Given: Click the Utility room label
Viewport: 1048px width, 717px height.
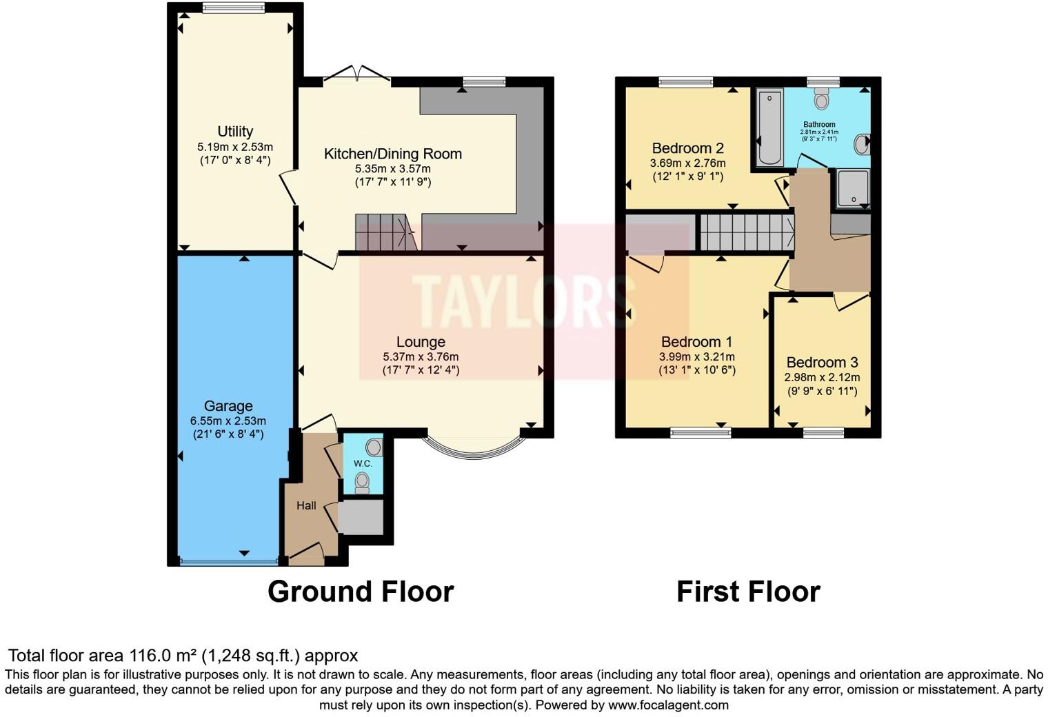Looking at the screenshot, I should (x=235, y=131).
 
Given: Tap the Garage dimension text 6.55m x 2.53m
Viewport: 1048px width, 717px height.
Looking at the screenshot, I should (x=228, y=421).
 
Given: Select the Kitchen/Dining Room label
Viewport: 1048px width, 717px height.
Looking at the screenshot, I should (x=392, y=154).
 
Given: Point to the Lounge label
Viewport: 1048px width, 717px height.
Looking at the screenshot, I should (x=421, y=342).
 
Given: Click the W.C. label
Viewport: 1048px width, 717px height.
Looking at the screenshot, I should (x=363, y=463).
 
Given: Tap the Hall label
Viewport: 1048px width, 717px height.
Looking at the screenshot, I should (x=306, y=505).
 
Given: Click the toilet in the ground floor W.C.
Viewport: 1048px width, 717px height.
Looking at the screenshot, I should (x=363, y=482).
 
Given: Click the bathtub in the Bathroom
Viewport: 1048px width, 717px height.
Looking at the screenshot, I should (x=770, y=128).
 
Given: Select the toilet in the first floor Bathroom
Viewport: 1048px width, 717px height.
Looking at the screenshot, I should (x=820, y=100).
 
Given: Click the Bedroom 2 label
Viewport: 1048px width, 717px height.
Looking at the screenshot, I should (x=687, y=148).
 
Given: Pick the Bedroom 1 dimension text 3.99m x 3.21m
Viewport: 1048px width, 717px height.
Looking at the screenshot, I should (x=696, y=357).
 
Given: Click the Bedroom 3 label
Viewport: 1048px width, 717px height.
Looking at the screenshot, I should (x=822, y=363).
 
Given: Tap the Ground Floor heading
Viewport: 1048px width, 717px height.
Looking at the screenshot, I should (x=360, y=592).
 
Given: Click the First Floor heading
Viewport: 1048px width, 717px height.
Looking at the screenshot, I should (x=748, y=592).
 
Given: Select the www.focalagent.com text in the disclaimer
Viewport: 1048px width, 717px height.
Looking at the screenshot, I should (x=668, y=705).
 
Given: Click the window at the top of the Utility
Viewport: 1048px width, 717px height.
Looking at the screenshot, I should (x=234, y=8).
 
